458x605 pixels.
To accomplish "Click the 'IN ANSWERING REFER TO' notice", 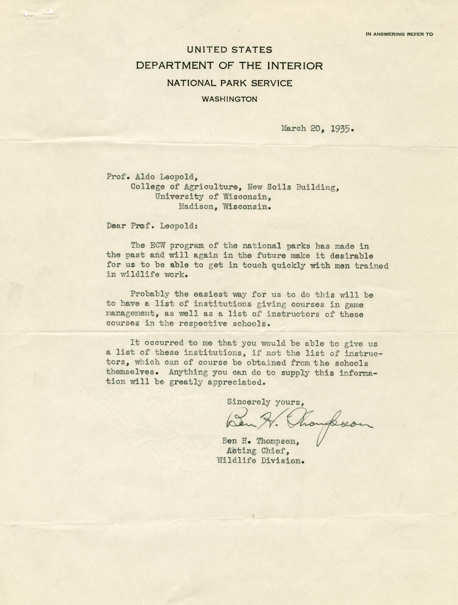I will coord(399,34).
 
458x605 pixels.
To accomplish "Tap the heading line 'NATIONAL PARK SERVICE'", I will coord(229,83).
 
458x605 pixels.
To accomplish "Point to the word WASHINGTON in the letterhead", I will coord(229,99).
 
